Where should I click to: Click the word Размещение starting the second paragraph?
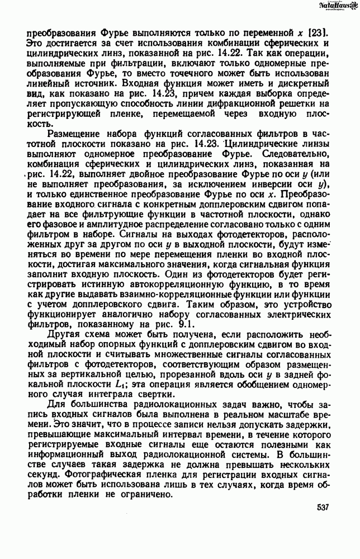tap(77, 134)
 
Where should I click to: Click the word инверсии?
tap(258, 184)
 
